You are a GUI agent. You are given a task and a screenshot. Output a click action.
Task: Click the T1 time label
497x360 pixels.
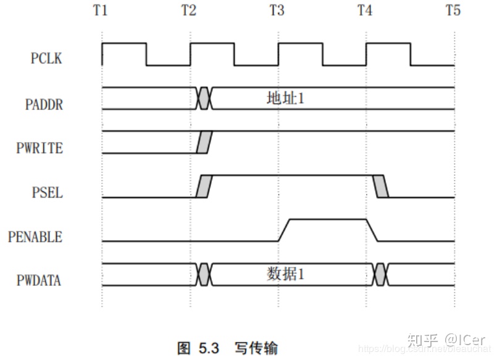coord(102,10)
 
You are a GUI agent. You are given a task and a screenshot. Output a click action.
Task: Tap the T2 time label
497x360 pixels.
coord(190,10)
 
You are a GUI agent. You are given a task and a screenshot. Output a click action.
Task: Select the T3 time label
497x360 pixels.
coord(277,10)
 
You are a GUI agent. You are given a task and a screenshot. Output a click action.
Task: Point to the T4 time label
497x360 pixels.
coord(365,10)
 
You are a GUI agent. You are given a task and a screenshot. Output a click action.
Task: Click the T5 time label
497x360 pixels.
coord(453,10)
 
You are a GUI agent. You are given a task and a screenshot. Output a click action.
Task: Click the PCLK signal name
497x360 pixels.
coord(46,59)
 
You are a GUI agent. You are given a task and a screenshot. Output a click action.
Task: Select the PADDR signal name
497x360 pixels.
coord(44,104)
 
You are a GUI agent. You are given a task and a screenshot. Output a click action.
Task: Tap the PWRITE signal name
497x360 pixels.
coord(40,148)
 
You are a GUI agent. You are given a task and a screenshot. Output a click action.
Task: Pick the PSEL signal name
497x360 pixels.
coord(48,193)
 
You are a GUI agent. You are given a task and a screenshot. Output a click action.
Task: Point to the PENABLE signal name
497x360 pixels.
coord(35,237)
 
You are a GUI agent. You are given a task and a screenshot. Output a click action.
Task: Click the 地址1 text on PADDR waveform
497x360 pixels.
coord(285,98)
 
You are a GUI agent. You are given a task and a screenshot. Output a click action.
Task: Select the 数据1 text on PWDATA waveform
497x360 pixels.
coord(285,274)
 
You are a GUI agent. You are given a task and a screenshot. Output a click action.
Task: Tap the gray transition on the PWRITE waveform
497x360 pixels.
coord(203,142)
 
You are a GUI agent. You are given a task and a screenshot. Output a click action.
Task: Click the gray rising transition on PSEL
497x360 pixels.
coord(203,186)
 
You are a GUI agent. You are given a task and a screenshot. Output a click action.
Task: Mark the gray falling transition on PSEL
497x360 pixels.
coord(382,186)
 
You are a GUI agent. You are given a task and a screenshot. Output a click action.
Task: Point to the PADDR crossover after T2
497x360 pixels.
coord(204,98)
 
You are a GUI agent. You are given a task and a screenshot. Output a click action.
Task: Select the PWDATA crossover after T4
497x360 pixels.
coord(380,274)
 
